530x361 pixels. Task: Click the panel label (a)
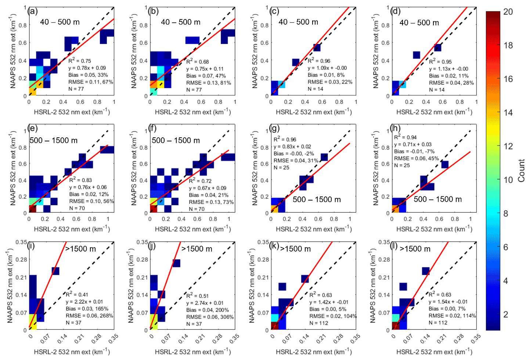pos(33,11)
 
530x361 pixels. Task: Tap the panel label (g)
pos(274,129)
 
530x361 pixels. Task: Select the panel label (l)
pos(395,246)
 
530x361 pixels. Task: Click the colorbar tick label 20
pos(508,12)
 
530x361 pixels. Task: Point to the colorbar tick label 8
pos(506,213)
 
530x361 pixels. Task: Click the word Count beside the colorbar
pos(521,170)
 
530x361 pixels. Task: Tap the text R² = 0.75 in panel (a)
pos(80,61)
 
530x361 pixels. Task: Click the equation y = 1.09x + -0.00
pos(327,68)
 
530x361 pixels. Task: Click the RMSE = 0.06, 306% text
pos(210,317)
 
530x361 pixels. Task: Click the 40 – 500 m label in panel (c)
pos(298,22)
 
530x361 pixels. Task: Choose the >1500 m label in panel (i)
pos(80,249)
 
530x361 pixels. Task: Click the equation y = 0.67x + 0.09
pos(208,188)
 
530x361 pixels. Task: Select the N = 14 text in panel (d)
pos(437,90)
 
